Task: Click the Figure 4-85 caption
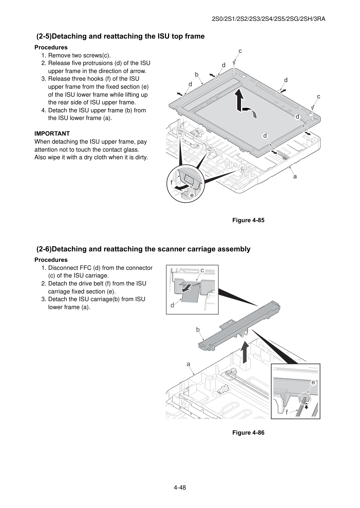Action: coord(248,220)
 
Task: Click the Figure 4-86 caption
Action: coord(248,433)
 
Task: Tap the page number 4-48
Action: coord(180,487)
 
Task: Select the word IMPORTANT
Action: coord(52,134)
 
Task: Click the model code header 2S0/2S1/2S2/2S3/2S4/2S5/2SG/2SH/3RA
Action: coord(269,19)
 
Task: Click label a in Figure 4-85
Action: coord(295,176)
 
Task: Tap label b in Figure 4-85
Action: coord(197,74)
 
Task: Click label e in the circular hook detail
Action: coord(192,195)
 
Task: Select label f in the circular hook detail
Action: coord(171,183)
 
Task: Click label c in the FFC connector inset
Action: coord(202,270)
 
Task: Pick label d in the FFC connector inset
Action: coord(172,305)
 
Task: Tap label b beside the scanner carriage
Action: coord(198,329)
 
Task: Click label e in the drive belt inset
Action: coord(313,382)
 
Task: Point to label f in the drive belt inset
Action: coord(287,412)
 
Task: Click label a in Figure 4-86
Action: coord(188,364)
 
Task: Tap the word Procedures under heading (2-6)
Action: coord(51,260)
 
